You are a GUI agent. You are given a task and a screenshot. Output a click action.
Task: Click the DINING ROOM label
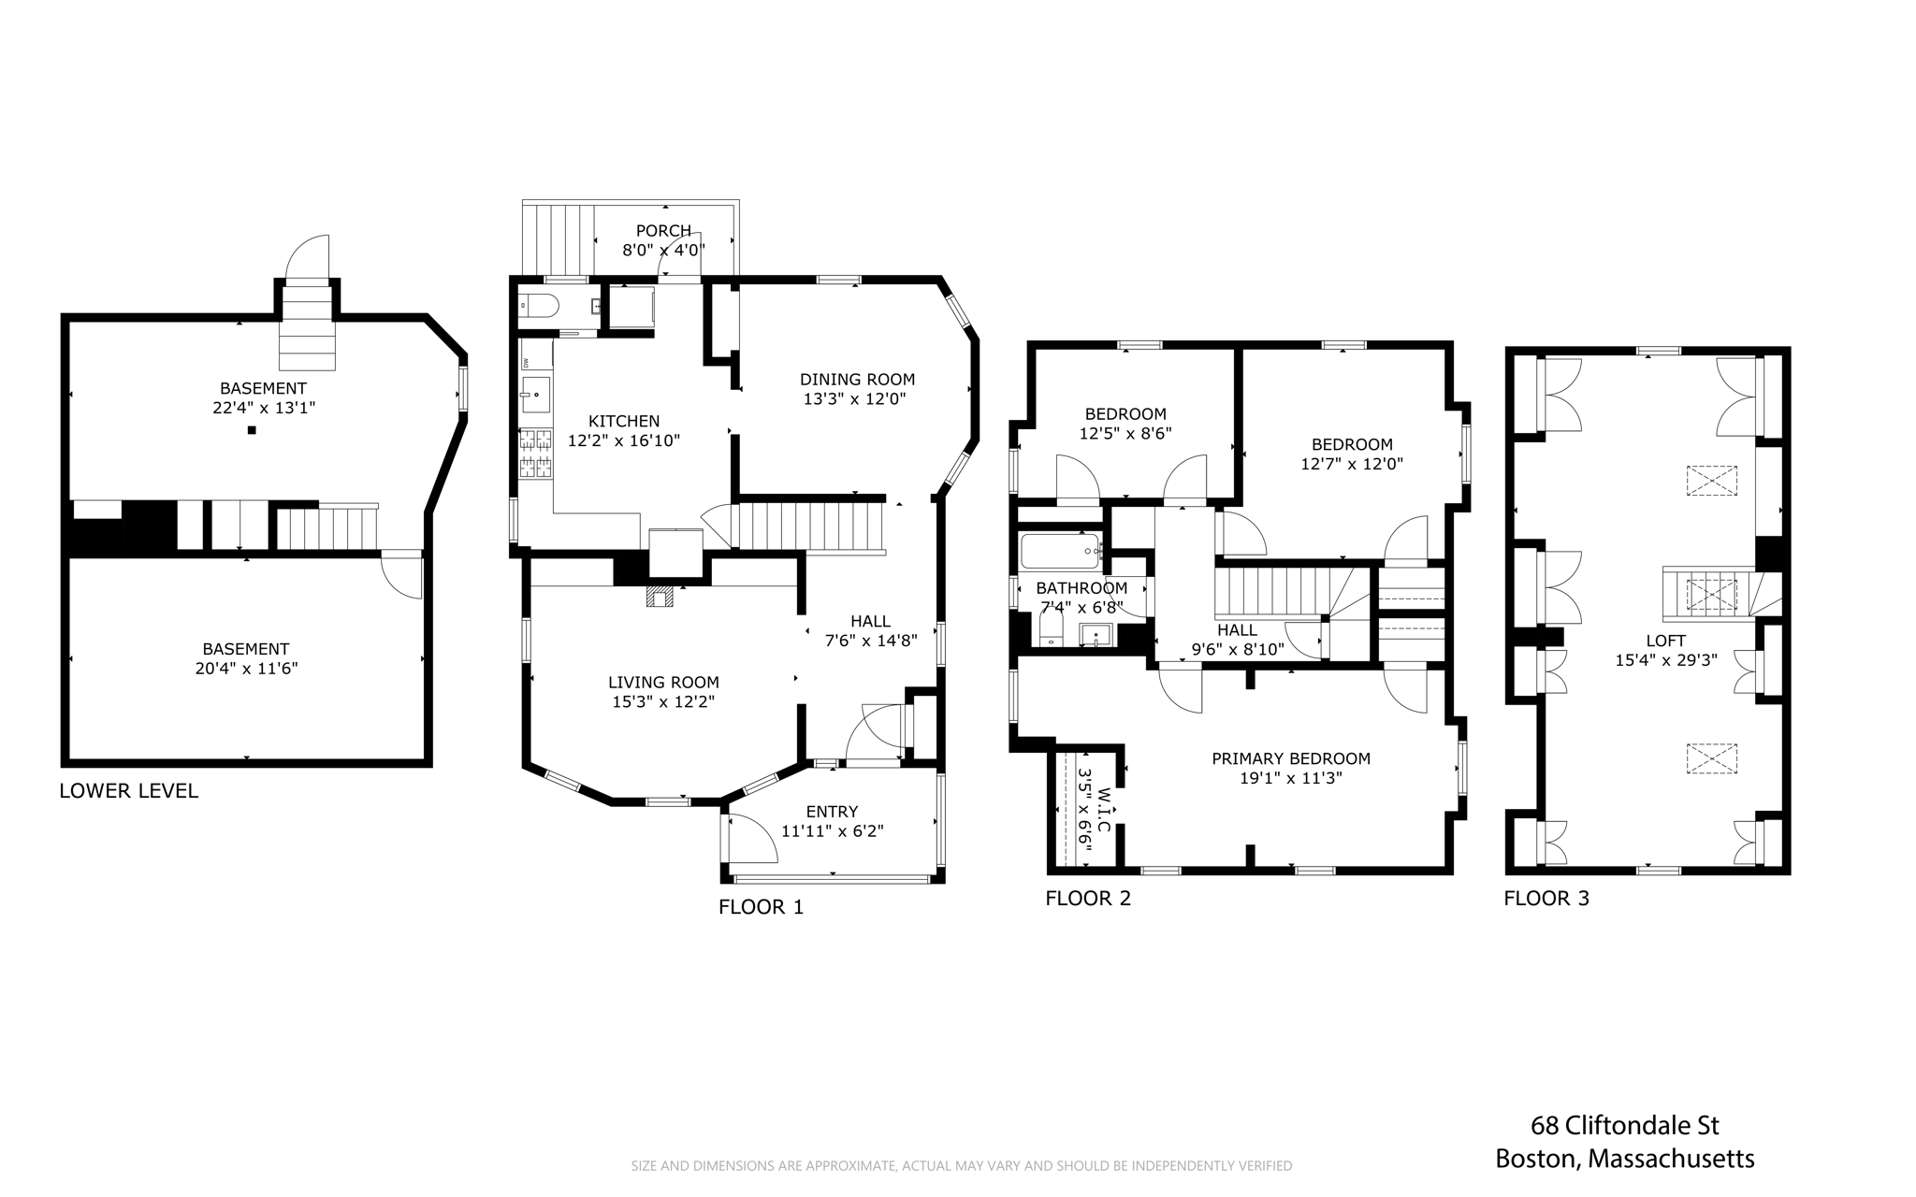[857, 380]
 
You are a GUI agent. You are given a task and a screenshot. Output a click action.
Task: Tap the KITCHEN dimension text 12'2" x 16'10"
[624, 440]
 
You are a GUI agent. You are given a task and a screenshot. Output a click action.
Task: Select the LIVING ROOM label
[663, 683]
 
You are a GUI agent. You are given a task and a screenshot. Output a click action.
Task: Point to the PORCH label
[663, 231]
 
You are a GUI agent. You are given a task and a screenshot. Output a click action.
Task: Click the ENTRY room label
[832, 812]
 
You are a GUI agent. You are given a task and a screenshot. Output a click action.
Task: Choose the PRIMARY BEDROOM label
[1291, 758]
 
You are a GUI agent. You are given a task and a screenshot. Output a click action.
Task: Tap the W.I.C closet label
[1104, 810]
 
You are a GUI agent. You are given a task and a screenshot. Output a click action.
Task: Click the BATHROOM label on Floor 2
[1081, 588]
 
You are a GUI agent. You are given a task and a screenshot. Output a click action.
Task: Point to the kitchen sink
[536, 395]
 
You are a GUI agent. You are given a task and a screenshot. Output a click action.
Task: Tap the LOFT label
[1665, 641]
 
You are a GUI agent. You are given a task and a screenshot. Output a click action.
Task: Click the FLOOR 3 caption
[1546, 899]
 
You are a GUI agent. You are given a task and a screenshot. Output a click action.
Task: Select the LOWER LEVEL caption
[129, 791]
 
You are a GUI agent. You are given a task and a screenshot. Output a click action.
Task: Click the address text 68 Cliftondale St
[1625, 1124]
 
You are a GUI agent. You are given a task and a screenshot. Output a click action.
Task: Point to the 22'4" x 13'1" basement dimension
[263, 408]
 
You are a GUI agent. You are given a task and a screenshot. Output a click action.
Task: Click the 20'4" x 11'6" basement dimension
[246, 669]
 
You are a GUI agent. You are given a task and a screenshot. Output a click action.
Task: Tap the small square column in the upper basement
[252, 430]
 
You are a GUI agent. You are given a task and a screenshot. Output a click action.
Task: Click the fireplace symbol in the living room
[659, 597]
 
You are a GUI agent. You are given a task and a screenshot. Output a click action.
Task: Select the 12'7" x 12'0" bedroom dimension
[1352, 464]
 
